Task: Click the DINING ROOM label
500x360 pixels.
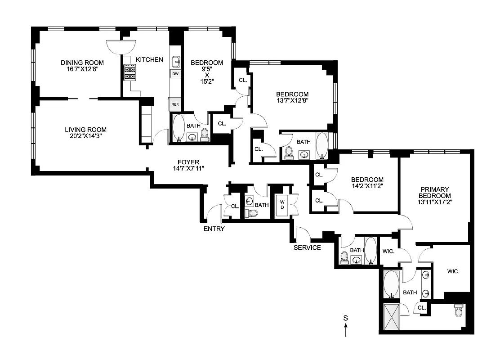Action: tap(82, 63)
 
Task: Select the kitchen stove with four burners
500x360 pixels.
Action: tap(130, 72)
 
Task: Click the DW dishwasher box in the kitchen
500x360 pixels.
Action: tap(175, 73)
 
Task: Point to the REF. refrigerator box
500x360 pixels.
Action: tap(174, 104)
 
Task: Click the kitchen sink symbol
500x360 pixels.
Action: tap(176, 61)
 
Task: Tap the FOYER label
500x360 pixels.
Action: tap(188, 162)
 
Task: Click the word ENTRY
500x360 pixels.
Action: tap(214, 229)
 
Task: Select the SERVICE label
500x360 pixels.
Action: tap(307, 247)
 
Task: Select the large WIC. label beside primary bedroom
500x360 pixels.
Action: tap(452, 272)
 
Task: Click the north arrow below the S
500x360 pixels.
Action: tap(345, 332)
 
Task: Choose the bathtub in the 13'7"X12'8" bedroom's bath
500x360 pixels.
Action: tap(322, 145)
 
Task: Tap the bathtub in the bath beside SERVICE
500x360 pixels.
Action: tap(371, 250)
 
